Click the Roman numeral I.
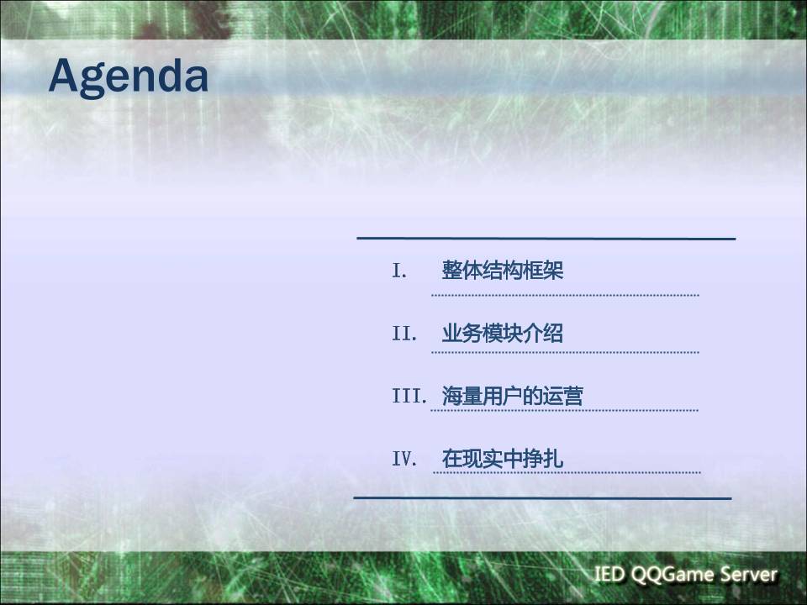pos(399,271)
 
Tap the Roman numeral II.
pos(404,334)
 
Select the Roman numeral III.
pos(410,397)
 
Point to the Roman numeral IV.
pos(404,460)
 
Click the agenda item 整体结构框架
pos(503,271)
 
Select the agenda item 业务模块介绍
pos(503,334)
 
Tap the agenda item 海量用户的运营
pos(513,397)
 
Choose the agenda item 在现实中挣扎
pos(503,460)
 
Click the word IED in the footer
pos(609,576)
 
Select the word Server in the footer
pos(750,576)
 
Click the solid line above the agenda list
pos(546,239)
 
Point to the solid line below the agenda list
pos(542,497)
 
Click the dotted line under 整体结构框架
pos(565,295)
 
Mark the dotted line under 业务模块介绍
pos(565,352)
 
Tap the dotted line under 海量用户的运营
pos(565,410)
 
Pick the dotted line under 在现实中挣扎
pos(567,472)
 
